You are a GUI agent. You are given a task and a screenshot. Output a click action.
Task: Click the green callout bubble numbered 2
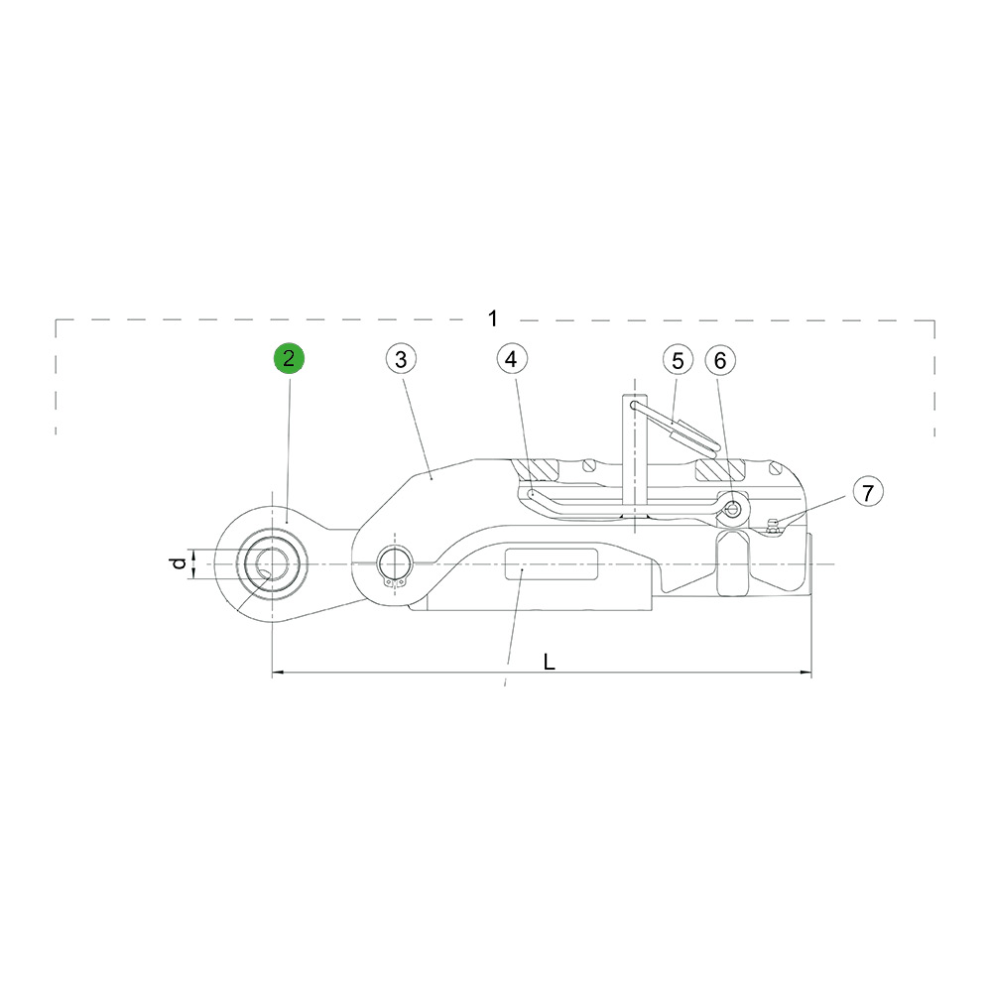289,359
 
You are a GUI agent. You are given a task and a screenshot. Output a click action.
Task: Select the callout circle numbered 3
401,359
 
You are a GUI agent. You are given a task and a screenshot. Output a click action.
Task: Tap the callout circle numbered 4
512,359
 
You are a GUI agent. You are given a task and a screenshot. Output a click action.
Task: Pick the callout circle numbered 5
678,361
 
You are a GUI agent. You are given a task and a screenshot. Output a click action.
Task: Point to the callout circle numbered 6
720,361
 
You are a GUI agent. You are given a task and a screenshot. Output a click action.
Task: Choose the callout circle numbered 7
868,492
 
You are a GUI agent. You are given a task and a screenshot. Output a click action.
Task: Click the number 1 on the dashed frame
493,318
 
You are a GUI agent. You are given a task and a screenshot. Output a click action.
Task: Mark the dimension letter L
550,662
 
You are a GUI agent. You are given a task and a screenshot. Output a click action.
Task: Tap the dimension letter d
180,562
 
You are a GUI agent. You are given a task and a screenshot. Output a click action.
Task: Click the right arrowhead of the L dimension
806,672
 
